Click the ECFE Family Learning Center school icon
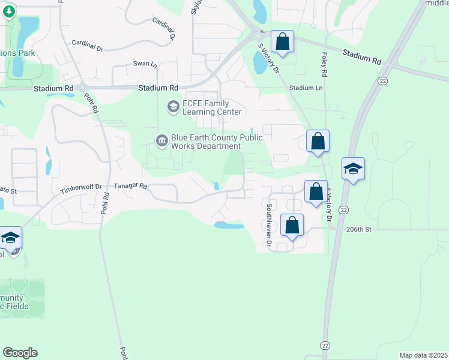[x=173, y=107]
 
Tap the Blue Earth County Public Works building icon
[x=162, y=141]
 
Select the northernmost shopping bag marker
[x=283, y=42]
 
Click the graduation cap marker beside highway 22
[x=353, y=169]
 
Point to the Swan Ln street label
[x=145, y=64]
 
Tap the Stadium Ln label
[x=305, y=88]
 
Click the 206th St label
[x=359, y=229]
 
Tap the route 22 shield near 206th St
[x=343, y=209]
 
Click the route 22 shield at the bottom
[x=325, y=345]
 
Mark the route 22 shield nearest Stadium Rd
[x=382, y=80]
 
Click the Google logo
[x=20, y=353]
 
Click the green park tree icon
[x=8, y=13]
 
